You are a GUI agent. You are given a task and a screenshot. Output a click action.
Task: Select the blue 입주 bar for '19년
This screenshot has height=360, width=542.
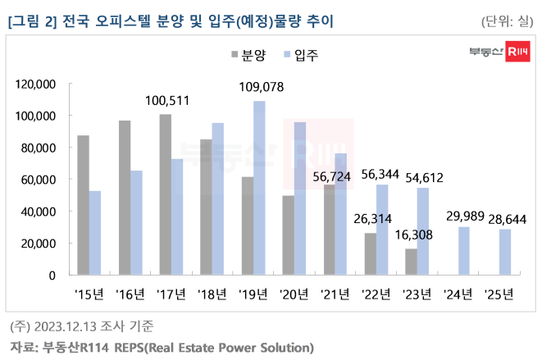tap(259, 188)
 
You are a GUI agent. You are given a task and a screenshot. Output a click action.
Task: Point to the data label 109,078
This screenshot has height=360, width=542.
tap(261, 87)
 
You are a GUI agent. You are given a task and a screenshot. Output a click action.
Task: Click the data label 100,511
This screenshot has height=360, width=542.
tap(167, 101)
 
